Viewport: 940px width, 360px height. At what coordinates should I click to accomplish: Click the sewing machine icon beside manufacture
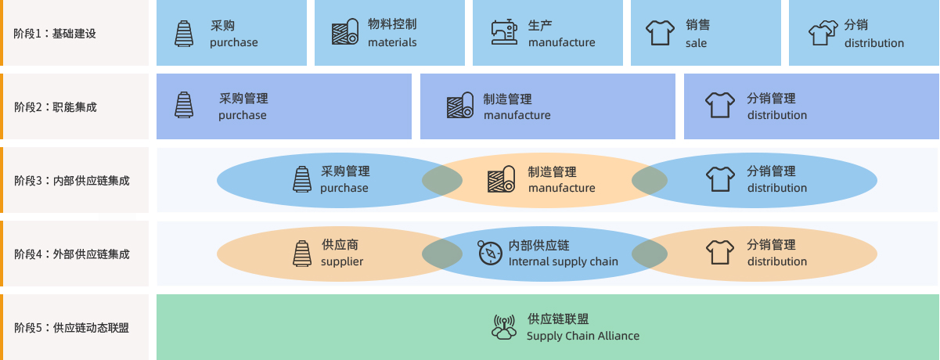[x=505, y=32]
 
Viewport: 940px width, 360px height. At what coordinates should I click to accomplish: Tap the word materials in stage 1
[x=392, y=42]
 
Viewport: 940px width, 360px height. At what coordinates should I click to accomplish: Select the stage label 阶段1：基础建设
[x=55, y=34]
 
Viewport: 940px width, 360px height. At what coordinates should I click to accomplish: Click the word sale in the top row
[x=696, y=43]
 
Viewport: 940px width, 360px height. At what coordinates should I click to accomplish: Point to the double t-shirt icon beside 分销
[x=823, y=33]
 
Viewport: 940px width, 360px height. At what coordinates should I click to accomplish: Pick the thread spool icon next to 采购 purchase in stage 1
[x=184, y=33]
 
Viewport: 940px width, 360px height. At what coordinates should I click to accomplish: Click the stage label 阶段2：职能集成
[x=55, y=106]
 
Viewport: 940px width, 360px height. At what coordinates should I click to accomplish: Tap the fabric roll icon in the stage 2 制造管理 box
[x=459, y=106]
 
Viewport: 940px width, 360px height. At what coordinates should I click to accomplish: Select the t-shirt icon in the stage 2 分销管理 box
[x=720, y=105]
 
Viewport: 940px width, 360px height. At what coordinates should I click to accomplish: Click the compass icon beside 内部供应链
[x=490, y=253]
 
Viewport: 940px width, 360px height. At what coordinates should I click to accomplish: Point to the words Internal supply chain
[x=563, y=261]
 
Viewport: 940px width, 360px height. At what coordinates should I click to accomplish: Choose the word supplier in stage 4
[x=342, y=261]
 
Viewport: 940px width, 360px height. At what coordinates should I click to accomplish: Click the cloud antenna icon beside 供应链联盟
[x=504, y=326]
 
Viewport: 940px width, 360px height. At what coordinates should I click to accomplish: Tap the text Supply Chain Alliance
[x=583, y=336]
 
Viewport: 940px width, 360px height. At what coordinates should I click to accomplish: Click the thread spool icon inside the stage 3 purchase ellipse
[x=302, y=179]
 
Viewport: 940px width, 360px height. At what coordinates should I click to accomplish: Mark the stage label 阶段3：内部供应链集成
[x=71, y=180]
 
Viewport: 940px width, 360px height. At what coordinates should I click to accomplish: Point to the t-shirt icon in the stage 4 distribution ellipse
[x=720, y=253]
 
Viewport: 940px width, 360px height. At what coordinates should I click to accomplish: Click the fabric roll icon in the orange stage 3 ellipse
[x=501, y=179]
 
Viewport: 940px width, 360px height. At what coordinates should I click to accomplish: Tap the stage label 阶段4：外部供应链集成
[x=71, y=254]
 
